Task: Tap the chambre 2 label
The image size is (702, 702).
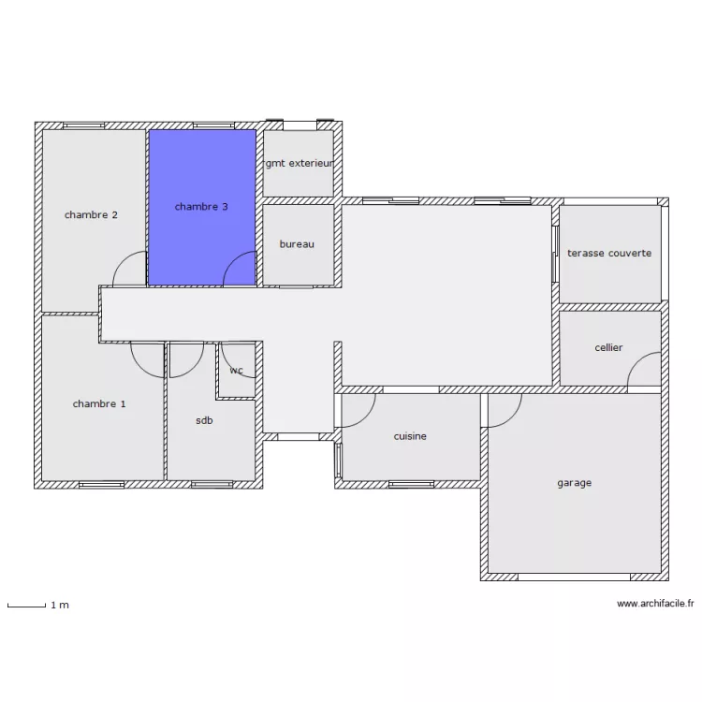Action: click(91, 215)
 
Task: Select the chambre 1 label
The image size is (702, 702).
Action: click(99, 403)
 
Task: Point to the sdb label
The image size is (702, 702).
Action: click(204, 420)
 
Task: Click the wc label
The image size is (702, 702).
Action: click(237, 371)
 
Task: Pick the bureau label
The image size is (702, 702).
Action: click(297, 244)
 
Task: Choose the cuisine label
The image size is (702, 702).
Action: click(410, 436)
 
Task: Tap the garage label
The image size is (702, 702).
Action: click(575, 483)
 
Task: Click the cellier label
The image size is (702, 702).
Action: click(608, 347)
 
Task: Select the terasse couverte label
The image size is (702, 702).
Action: click(609, 253)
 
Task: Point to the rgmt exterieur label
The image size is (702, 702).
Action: click(299, 163)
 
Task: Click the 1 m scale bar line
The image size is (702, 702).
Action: click(26, 607)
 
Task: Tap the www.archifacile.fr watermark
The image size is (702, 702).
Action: click(655, 604)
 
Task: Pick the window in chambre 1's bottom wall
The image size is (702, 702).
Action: click(102, 485)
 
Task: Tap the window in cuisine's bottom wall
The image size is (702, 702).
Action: click(412, 485)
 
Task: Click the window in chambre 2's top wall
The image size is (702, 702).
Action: click(83, 125)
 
